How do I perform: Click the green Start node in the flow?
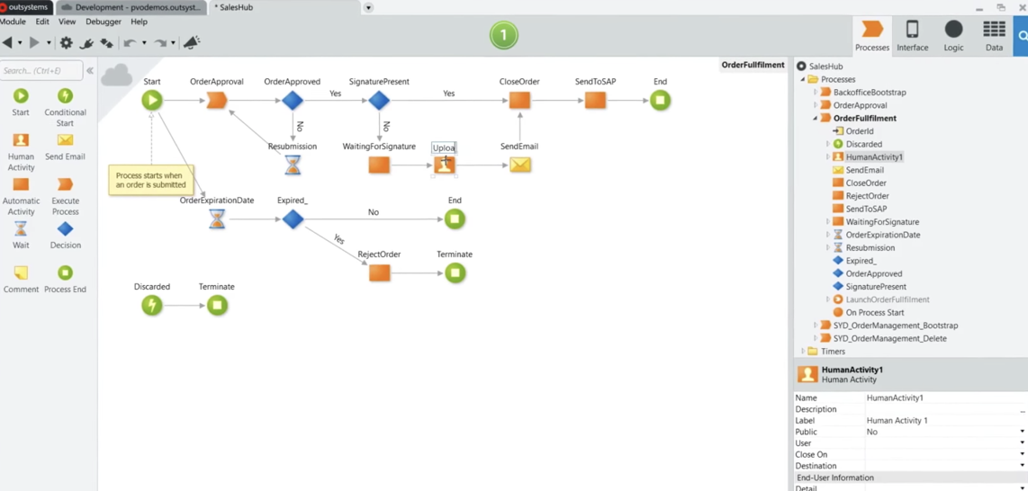click(152, 101)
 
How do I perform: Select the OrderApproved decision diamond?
click(293, 101)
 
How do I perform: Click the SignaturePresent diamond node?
click(379, 101)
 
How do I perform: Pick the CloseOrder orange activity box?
click(519, 101)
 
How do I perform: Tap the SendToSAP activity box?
click(595, 101)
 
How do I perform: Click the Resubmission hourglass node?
click(293, 165)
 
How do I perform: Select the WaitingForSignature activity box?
click(379, 165)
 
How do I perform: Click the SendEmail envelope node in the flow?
click(519, 165)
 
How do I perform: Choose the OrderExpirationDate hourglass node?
click(217, 219)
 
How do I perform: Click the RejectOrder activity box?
click(379, 273)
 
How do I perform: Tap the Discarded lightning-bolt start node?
click(152, 306)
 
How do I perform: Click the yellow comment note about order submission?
click(150, 180)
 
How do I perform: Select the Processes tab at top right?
click(872, 35)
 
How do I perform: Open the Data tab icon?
click(994, 35)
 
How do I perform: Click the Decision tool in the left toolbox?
click(65, 235)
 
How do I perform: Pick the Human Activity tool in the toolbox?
click(21, 151)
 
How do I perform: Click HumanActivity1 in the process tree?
click(873, 157)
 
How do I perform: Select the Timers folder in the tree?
click(833, 352)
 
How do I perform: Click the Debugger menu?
click(104, 22)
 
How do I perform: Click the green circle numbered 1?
click(504, 36)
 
